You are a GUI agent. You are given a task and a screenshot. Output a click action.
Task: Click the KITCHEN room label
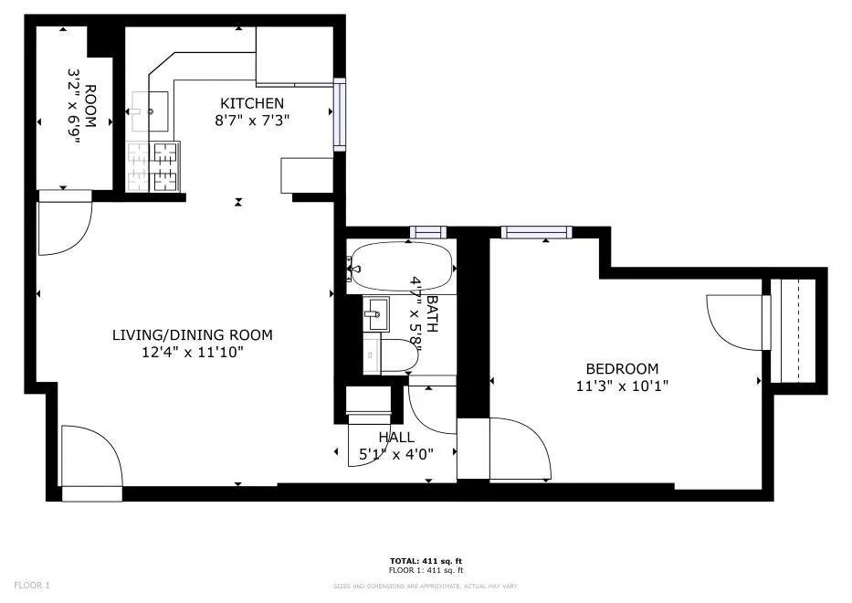tap(250, 103)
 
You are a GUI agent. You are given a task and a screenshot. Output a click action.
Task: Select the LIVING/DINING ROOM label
tap(192, 335)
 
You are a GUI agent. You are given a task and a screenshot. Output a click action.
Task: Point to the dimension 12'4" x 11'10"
tap(192, 352)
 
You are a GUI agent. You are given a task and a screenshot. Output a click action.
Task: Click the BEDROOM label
tap(622, 369)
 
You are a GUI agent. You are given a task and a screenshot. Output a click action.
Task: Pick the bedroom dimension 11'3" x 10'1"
tap(622, 386)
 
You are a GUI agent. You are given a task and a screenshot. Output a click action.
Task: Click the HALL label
tap(396, 438)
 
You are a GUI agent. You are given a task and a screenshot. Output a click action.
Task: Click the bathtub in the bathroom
tap(402, 266)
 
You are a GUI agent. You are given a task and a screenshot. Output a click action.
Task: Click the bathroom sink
tap(375, 314)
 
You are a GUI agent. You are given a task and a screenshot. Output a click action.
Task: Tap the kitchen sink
tap(148, 111)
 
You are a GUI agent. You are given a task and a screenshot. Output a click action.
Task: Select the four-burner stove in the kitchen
tap(153, 167)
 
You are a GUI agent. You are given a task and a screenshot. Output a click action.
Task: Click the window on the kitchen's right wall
tap(339, 114)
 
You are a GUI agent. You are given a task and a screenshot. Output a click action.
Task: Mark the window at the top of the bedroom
tap(536, 232)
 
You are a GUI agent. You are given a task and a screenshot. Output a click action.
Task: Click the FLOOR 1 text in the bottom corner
tap(32, 585)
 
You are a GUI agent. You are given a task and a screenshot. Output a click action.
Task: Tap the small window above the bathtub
tap(426, 232)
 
